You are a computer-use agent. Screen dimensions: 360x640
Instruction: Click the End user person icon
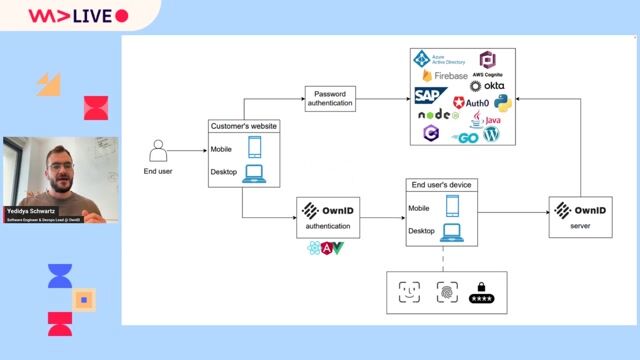tap(157, 151)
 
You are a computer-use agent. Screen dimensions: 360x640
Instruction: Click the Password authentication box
tap(329, 99)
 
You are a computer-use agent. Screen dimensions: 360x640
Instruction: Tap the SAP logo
tap(430, 95)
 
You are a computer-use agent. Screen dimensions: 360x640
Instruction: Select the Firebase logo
tap(444, 76)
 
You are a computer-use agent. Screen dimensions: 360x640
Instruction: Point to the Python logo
tap(502, 101)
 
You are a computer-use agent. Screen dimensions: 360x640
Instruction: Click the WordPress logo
tap(490, 134)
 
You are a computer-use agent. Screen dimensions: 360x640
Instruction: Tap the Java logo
tap(490, 119)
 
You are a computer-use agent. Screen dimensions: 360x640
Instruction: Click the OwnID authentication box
tap(328, 216)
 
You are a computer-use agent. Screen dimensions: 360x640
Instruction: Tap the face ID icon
tap(409, 291)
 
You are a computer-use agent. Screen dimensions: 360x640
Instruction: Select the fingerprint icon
tap(446, 291)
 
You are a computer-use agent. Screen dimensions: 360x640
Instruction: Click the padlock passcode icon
tap(482, 292)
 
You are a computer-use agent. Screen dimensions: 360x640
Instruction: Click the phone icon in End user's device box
tap(452, 206)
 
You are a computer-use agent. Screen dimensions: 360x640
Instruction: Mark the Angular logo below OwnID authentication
tap(326, 247)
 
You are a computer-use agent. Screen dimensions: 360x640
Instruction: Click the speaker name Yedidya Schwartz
tap(36, 210)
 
